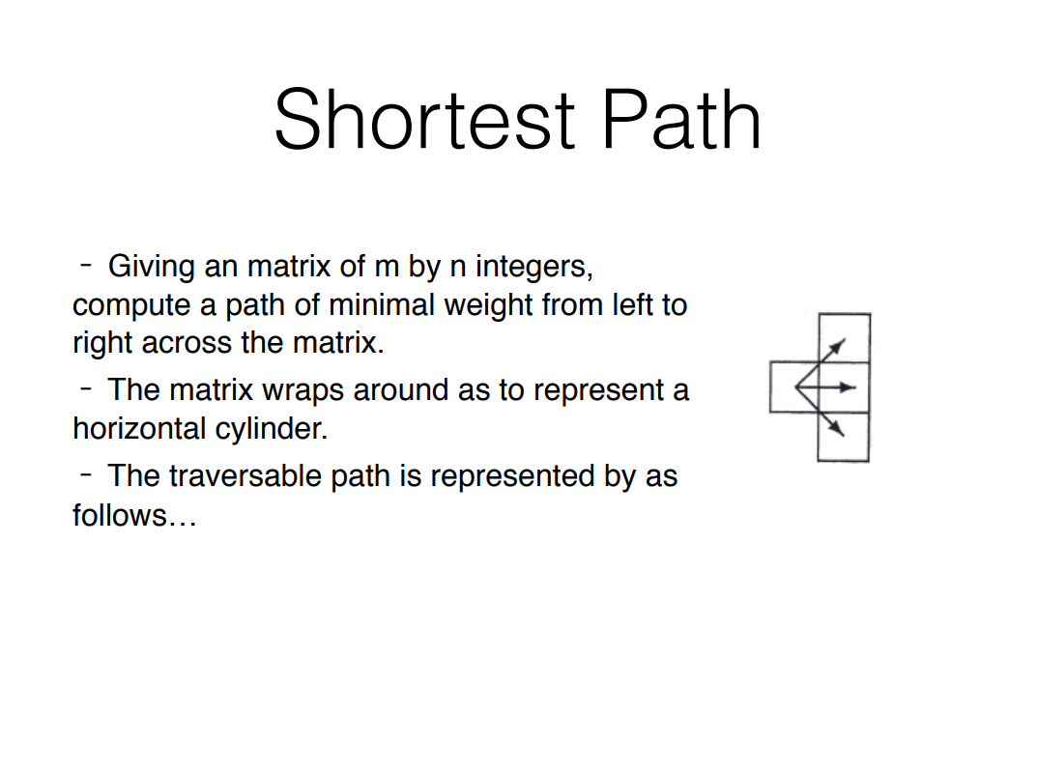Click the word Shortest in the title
pos(424,119)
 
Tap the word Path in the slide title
pos(681,119)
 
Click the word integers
pos(533,266)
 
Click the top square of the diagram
pos(844,337)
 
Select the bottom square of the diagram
pos(844,437)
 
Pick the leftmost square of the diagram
pos(792,386)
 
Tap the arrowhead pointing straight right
pos(849,387)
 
